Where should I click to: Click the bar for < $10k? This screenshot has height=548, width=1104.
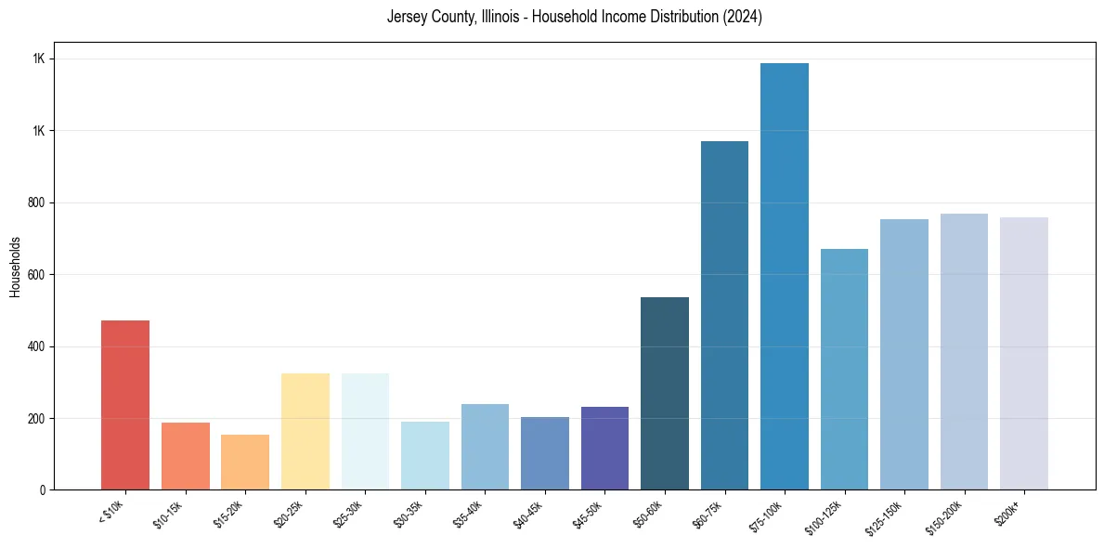(125, 405)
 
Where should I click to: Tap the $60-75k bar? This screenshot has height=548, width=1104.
(724, 316)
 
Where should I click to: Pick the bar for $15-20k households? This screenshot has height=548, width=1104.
(245, 462)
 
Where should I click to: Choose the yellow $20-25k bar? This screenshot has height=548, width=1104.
(305, 432)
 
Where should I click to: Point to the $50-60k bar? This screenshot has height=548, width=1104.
(665, 394)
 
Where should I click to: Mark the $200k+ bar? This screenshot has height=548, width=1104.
(1024, 354)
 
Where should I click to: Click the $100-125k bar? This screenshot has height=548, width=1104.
(844, 370)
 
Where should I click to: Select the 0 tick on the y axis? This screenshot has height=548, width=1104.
(42, 489)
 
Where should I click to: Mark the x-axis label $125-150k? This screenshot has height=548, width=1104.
(903, 514)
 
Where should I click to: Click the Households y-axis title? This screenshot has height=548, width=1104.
(16, 267)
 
